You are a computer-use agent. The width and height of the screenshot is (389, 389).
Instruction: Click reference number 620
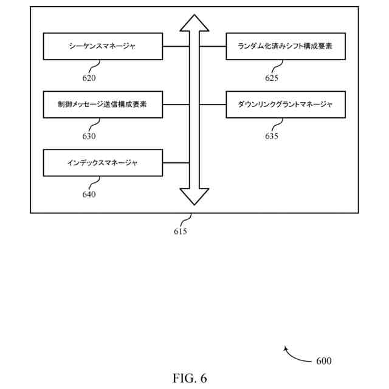(89, 78)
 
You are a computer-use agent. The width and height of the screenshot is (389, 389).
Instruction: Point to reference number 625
(272, 78)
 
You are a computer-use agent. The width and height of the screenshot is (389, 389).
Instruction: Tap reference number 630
(89, 136)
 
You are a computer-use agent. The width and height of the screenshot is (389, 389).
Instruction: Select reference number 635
(272, 136)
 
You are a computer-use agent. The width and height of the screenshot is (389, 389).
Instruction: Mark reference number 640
(89, 194)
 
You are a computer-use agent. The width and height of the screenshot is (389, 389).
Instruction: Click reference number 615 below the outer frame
(181, 231)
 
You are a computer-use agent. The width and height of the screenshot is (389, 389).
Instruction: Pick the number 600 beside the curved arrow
(324, 360)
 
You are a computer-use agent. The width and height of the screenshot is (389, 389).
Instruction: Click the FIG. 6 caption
(190, 378)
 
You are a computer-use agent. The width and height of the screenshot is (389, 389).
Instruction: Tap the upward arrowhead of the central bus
(194, 23)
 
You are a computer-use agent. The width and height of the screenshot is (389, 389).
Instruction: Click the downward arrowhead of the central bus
(194, 197)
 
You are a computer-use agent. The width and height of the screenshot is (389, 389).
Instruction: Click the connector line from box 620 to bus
(176, 46)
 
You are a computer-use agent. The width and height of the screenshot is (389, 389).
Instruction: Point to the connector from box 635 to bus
(213, 105)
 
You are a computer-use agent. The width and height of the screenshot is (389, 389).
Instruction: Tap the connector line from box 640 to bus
(176, 163)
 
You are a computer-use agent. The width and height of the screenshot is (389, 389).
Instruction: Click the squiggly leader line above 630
(94, 125)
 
